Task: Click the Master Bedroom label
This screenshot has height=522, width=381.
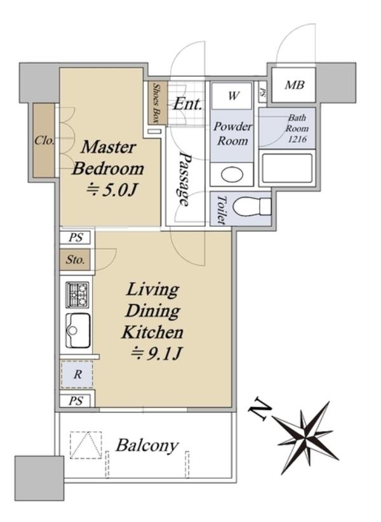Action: coord(108,157)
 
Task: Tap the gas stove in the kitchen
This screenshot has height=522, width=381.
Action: coord(78,295)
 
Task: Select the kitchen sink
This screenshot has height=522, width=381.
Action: coord(78,331)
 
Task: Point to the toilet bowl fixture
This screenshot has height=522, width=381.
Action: coord(252,206)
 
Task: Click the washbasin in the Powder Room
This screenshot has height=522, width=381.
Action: coord(232,174)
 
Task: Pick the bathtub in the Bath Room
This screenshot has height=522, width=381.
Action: coord(287,168)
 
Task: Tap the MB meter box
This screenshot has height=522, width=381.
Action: coord(293,85)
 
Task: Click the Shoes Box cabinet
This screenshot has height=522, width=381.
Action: coord(157,103)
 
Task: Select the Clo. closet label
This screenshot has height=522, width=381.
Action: coord(44,140)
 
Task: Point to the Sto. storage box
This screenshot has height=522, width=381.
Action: coord(75,259)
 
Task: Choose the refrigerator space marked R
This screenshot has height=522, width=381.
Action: coord(77,374)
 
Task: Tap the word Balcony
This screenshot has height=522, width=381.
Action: coord(147,446)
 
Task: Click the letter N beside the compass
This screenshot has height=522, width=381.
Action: coord(260,409)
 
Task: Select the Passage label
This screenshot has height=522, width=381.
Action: coord(185,179)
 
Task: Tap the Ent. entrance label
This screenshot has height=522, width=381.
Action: coord(188,104)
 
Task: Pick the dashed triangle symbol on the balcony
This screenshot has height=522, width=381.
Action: coord(86,445)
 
